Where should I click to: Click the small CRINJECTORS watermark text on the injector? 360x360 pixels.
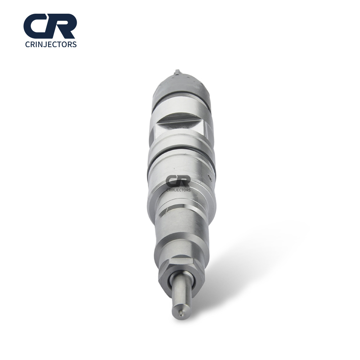[179, 190]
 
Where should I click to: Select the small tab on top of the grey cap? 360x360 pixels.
[177, 72]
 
